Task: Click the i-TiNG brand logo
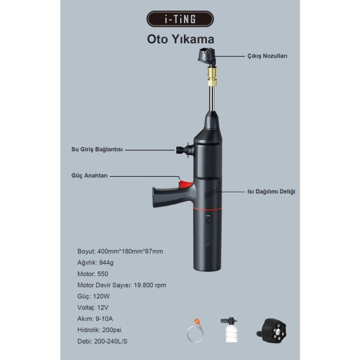coord(180,19)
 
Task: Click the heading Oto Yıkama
coord(181,39)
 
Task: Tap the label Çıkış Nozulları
coord(267,56)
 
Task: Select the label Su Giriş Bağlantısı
coord(97,149)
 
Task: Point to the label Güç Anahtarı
coord(90,175)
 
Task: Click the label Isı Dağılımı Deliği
coord(271,192)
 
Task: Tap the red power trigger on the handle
coord(186,184)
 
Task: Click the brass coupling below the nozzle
coord(212,75)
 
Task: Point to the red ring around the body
coord(207,209)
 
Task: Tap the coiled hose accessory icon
coord(195,331)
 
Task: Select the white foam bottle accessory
coord(229,330)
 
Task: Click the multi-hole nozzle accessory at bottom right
coord(272,331)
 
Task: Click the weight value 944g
coord(106,262)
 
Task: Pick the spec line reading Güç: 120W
coord(94,297)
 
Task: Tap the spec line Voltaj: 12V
coord(93,308)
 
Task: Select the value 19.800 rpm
coord(150,285)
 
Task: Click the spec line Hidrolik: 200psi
coord(99,330)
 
